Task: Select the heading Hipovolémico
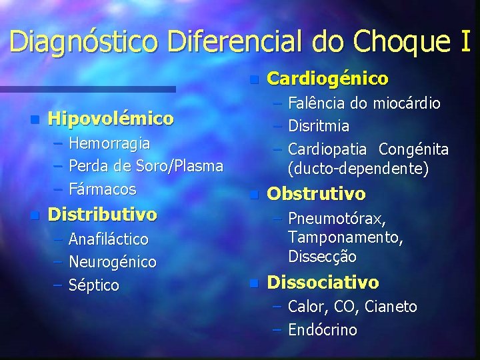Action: (x=111, y=119)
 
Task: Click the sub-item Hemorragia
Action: (x=109, y=143)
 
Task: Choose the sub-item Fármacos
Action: (x=102, y=189)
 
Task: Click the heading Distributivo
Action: (x=103, y=215)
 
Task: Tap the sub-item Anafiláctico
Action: (x=109, y=239)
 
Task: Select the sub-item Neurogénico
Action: (x=113, y=262)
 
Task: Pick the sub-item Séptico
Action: (x=94, y=285)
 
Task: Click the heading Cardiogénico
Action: (x=327, y=79)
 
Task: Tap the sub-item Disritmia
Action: (x=319, y=125)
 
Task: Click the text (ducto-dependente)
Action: (x=358, y=169)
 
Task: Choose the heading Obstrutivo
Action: (x=316, y=194)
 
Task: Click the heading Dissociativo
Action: (x=323, y=283)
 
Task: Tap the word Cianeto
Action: (x=392, y=307)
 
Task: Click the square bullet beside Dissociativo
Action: (x=253, y=283)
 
